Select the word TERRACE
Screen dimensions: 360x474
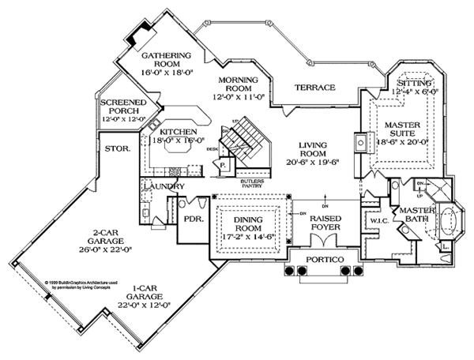(314, 88)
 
